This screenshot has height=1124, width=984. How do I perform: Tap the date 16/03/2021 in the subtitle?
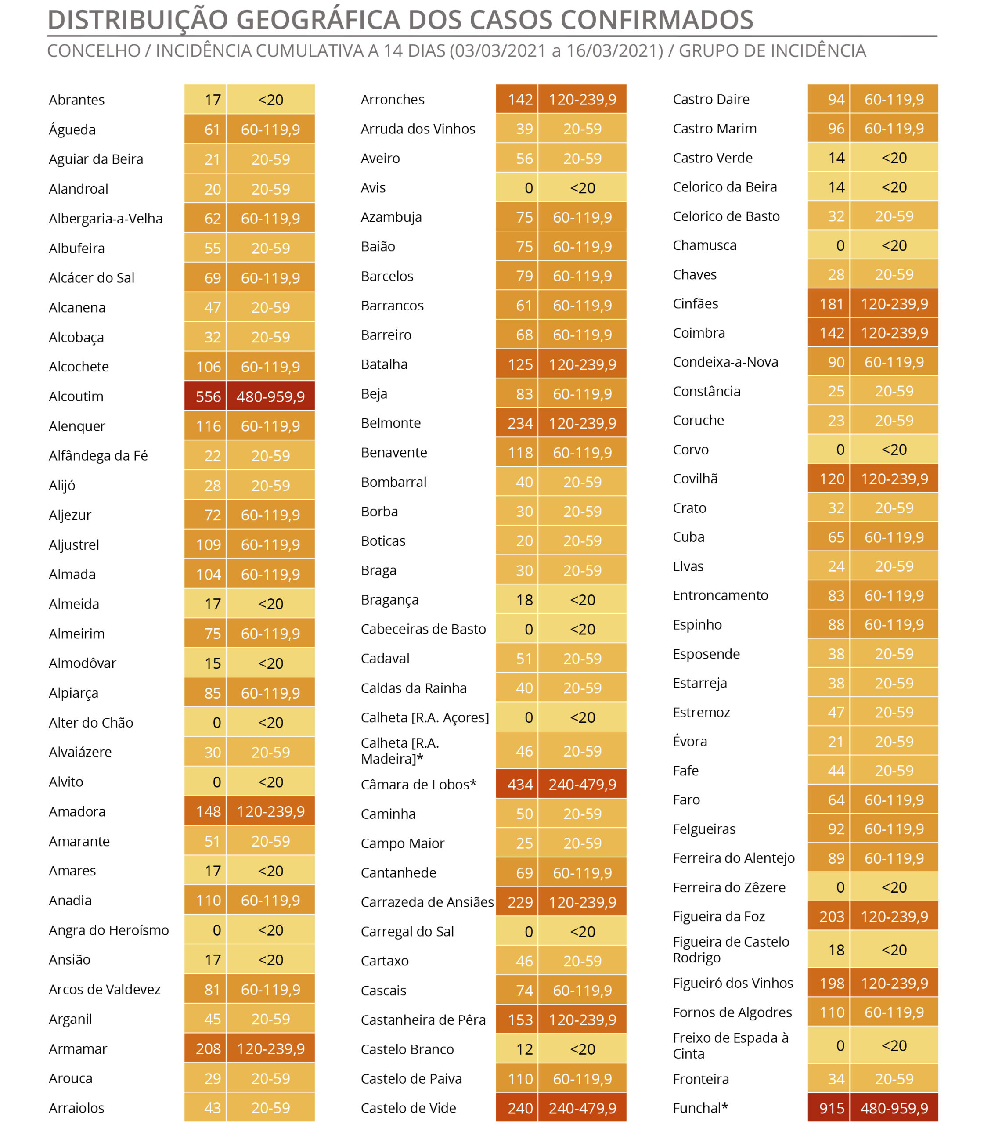pyautogui.click(x=614, y=50)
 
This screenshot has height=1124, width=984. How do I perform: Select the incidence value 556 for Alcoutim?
pyautogui.click(x=208, y=396)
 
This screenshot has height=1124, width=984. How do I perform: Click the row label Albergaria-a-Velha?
pyautogui.click(x=105, y=219)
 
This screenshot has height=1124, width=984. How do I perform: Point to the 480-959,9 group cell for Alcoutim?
pyautogui.click(x=271, y=396)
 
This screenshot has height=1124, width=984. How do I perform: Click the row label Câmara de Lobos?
pyautogui.click(x=418, y=784)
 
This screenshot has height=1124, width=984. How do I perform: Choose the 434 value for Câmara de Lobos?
pyautogui.click(x=520, y=784)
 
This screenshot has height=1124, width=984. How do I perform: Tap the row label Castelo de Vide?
pyautogui.click(x=408, y=1108)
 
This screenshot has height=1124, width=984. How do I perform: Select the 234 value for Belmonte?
pyautogui.click(x=520, y=423)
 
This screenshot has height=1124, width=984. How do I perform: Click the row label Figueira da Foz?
pyautogui.click(x=719, y=916)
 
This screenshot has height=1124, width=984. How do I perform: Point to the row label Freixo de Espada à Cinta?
pyautogui.click(x=731, y=1045)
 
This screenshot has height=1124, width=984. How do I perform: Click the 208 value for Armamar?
pyautogui.click(x=208, y=1049)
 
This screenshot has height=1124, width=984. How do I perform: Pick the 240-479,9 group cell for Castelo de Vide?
pyautogui.click(x=583, y=1108)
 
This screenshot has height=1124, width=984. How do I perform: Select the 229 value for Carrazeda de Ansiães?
pyautogui.click(x=520, y=902)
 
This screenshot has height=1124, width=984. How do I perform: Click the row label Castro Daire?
pyautogui.click(x=711, y=99)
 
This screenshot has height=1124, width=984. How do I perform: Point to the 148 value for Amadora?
pyautogui.click(x=208, y=811)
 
